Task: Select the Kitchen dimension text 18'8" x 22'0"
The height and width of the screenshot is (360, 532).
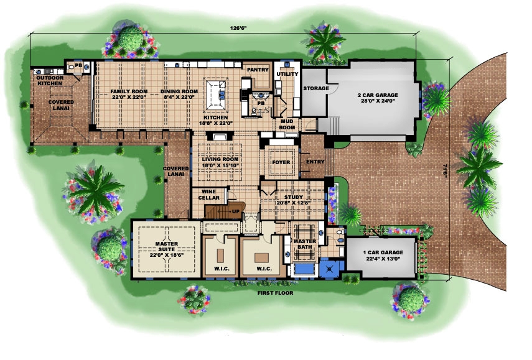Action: click(215, 124)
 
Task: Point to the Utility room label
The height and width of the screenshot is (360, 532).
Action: click(287, 74)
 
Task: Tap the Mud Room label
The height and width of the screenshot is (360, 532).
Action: click(287, 124)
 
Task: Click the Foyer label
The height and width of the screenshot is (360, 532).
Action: click(281, 163)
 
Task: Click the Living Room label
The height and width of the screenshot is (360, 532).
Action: click(220, 159)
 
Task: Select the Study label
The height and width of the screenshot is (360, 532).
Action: click(292, 197)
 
